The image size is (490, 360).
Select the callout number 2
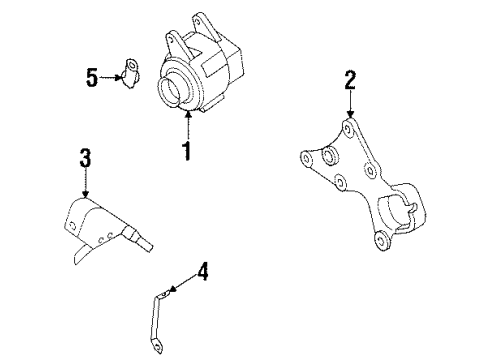[350, 80]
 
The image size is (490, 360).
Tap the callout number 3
[85, 157]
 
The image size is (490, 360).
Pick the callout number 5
[92, 77]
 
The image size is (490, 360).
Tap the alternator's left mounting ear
[171, 41]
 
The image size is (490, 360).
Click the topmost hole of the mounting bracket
[346, 129]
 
